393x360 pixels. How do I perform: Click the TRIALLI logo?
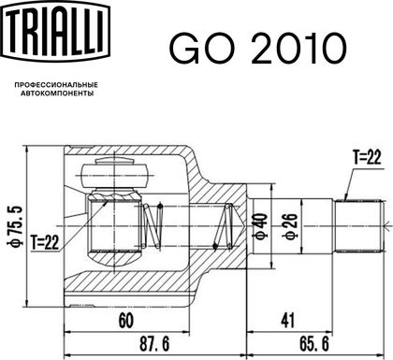point(56,30)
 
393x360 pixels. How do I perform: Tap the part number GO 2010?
point(258,49)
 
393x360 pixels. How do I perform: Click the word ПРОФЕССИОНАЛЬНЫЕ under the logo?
point(56,85)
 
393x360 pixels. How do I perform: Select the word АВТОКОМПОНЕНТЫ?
point(57,94)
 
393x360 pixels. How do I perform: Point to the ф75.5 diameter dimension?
point(16,225)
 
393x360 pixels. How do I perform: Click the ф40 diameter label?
point(261,225)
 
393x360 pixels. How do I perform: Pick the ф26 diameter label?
point(290,226)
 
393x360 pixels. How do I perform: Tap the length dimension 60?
point(126,321)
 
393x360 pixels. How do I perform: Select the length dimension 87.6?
point(154,344)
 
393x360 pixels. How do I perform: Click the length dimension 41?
point(287,321)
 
